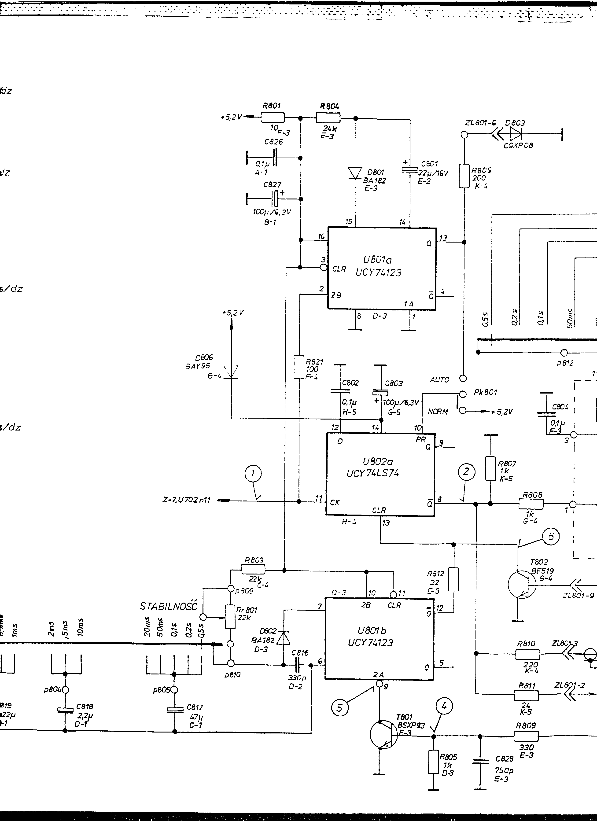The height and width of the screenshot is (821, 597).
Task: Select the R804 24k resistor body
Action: [328, 118]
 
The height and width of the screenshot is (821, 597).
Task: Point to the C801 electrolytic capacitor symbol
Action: [410, 169]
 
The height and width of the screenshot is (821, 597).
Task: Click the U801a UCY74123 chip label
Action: [378, 266]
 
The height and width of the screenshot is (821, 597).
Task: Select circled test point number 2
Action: [466, 471]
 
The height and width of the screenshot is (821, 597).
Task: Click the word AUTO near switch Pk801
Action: [439, 380]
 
